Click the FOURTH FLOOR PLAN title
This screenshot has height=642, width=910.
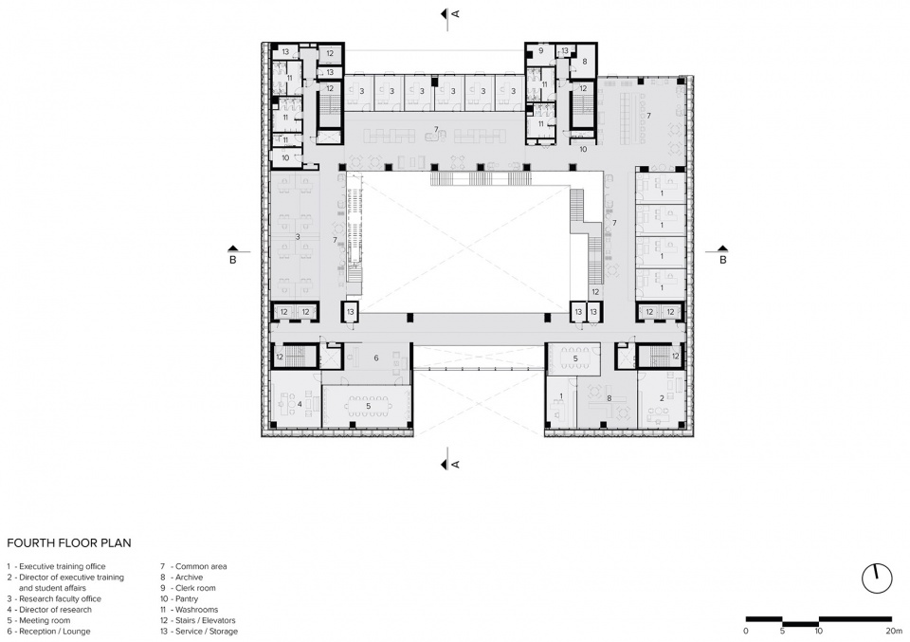click(x=69, y=543)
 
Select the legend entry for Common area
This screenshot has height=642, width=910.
click(x=193, y=566)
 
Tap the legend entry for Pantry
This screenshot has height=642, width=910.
click(x=179, y=598)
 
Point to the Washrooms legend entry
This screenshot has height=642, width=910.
click(x=190, y=610)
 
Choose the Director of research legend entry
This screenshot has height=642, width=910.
click(x=49, y=610)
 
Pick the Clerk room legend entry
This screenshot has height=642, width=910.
click(x=188, y=587)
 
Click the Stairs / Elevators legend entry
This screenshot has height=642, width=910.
click(x=198, y=620)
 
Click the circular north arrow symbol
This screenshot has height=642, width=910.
click(x=876, y=578)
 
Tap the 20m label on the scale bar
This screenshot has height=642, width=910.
click(x=894, y=631)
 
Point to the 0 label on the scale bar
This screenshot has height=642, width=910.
click(x=746, y=631)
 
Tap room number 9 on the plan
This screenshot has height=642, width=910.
click(x=541, y=51)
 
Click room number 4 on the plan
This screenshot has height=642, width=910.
click(x=300, y=403)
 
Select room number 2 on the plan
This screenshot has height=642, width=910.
click(x=662, y=398)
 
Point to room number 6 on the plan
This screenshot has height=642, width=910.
click(x=376, y=358)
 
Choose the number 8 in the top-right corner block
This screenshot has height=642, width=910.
click(x=585, y=62)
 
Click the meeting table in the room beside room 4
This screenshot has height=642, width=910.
click(x=368, y=406)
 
